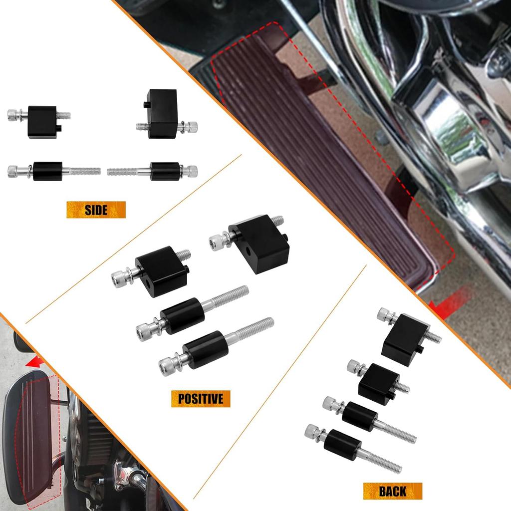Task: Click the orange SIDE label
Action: [x=96, y=210]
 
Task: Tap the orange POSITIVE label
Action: [x=201, y=399]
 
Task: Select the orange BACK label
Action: [x=392, y=491]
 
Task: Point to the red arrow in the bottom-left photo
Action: [x=37, y=361]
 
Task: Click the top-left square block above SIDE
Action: [x=42, y=121]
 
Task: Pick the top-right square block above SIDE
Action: [x=163, y=114]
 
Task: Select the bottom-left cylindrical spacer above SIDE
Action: [x=47, y=171]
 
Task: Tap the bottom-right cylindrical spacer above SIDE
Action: [x=165, y=171]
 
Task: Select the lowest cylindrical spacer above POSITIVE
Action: [x=206, y=349]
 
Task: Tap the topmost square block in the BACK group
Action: [x=406, y=339]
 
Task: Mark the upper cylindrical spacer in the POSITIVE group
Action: [x=182, y=315]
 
